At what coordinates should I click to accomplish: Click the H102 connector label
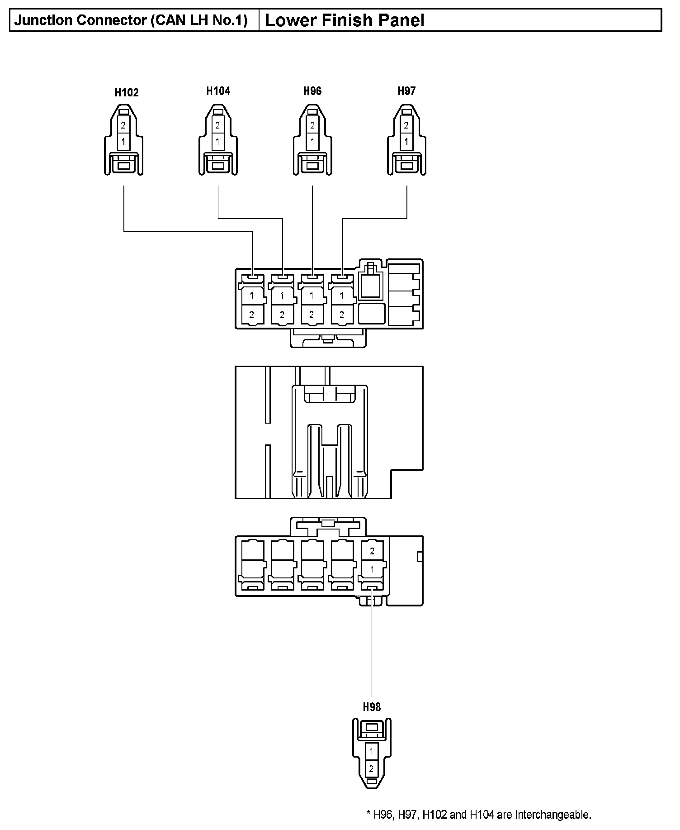point(127,92)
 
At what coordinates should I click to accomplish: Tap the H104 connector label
point(218,91)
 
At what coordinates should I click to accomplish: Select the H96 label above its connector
point(312,91)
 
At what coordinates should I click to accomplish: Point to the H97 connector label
point(406,91)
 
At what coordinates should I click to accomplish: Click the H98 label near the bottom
point(372,706)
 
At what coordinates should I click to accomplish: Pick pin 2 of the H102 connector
point(123,125)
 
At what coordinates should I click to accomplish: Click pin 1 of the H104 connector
point(217,141)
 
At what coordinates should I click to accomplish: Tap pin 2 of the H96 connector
point(312,125)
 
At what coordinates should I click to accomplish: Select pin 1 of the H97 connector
point(406,141)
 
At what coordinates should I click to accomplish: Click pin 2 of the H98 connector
point(371,768)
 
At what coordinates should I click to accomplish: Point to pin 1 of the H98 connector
point(371,751)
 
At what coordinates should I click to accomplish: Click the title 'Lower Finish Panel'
point(344,20)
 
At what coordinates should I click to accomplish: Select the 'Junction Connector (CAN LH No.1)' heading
point(131,20)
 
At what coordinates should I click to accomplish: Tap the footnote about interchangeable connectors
point(478,815)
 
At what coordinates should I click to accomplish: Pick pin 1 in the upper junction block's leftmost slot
point(252,296)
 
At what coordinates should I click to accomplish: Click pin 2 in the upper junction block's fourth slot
point(341,315)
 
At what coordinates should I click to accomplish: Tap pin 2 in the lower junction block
point(372,551)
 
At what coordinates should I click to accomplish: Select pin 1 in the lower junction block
point(372,569)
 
